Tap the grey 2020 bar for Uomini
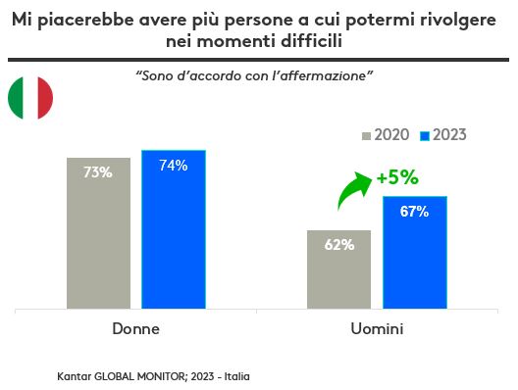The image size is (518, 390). [x=338, y=269]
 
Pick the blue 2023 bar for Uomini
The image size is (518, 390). [x=414, y=252]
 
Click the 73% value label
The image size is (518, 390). [x=98, y=172]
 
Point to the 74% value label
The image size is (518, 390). [x=173, y=166]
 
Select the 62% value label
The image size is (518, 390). [x=338, y=245]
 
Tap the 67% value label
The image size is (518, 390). [x=414, y=212]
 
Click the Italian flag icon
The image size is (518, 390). [x=30, y=97]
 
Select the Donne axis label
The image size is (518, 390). [x=135, y=328]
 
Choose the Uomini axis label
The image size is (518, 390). [x=377, y=328]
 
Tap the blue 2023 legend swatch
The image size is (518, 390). [x=425, y=134]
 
